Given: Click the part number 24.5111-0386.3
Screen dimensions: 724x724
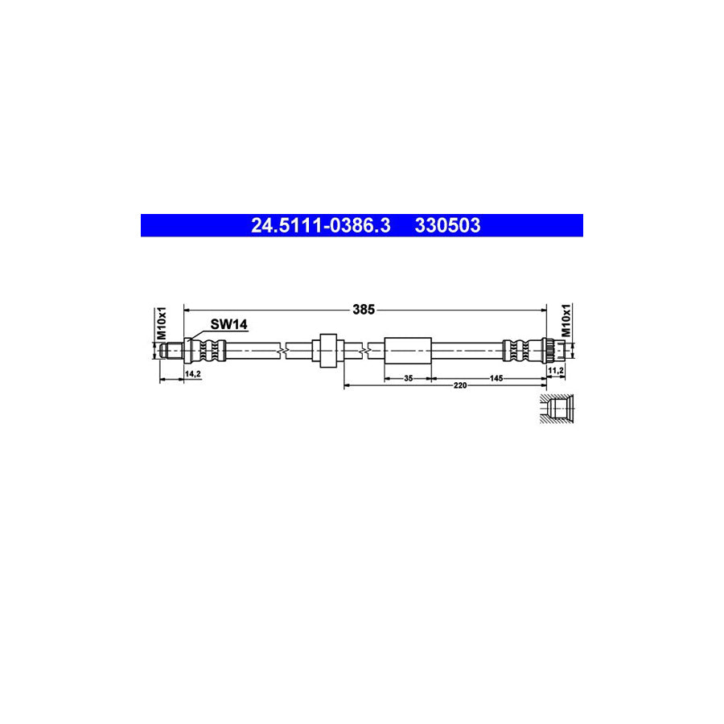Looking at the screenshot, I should (x=320, y=226).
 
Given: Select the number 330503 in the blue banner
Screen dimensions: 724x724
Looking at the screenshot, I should (x=447, y=226).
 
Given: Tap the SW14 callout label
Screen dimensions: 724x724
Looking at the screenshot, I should (x=228, y=324).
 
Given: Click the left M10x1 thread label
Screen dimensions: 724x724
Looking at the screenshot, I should (x=161, y=322).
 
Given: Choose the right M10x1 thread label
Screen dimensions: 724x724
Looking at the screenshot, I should (x=566, y=320).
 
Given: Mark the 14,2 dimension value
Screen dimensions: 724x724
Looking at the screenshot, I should (x=193, y=373).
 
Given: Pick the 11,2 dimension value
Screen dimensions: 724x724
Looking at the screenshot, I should (x=556, y=369).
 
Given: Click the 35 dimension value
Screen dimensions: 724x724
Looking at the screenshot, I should (x=408, y=377).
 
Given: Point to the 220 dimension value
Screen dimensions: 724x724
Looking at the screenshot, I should (x=459, y=386).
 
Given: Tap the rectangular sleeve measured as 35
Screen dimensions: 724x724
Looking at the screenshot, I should (x=408, y=350).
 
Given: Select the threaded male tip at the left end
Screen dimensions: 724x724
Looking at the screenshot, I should (x=169, y=350).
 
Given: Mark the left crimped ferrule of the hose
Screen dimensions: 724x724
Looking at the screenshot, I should (x=211, y=350).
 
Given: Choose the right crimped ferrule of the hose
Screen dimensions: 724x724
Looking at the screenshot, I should (x=520, y=350).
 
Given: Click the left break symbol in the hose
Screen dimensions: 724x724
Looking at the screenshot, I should (x=278, y=350).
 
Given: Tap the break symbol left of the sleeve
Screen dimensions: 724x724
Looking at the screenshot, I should (x=367, y=350).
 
